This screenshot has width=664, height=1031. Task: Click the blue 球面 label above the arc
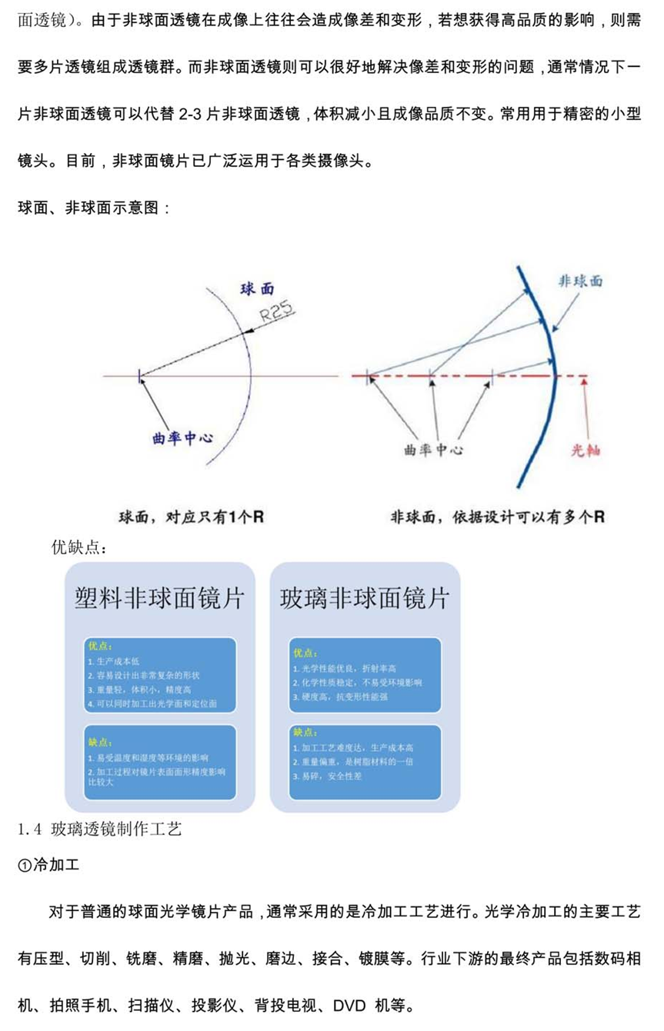[x=257, y=289]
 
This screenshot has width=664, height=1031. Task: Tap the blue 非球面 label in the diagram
[x=579, y=281]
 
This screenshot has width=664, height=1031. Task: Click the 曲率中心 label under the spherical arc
[x=183, y=439]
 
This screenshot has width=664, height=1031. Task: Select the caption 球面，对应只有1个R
[x=191, y=517]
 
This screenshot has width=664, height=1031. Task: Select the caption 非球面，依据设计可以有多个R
[x=497, y=517]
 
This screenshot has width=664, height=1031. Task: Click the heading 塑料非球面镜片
[x=159, y=599]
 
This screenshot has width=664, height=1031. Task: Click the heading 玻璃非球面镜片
[x=365, y=599]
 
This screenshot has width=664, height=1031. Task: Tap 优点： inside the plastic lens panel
[x=100, y=647]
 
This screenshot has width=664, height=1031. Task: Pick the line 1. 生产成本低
[x=116, y=661]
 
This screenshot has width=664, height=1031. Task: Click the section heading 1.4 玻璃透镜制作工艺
[x=99, y=829]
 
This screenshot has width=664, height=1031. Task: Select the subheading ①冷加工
[x=48, y=865]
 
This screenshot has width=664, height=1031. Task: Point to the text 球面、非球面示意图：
[x=92, y=208]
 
